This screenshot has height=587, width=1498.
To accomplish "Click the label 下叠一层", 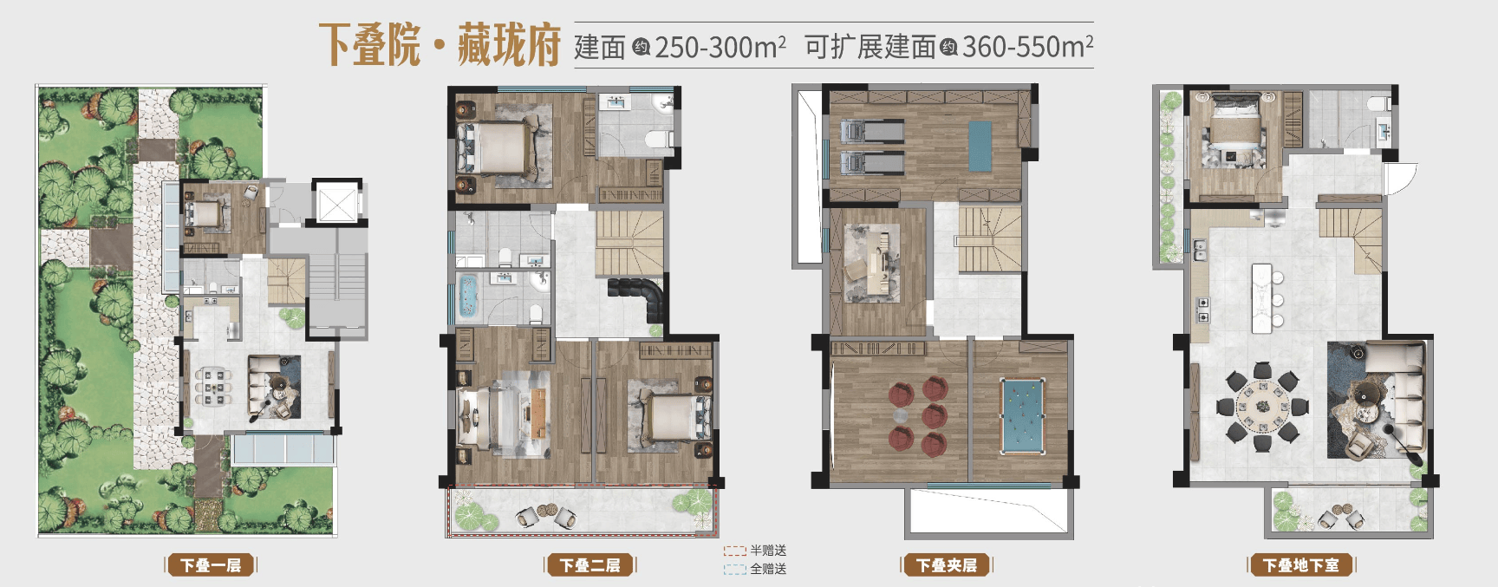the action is [x=211, y=566].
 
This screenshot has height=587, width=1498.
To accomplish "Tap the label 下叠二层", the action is [x=590, y=566].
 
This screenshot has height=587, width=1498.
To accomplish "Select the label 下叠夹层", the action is [x=947, y=566].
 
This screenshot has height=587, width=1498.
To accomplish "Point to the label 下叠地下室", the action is [x=1301, y=566].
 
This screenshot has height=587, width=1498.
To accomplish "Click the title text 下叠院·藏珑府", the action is [x=440, y=45].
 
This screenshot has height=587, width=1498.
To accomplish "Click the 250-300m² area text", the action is [x=720, y=46].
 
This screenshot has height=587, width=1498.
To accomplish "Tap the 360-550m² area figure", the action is [x=1027, y=46].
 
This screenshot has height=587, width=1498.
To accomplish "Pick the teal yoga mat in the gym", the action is [x=979, y=147].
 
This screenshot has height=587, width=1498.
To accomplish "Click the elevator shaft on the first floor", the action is [x=335, y=205].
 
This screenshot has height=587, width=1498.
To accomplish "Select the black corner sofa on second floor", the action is [x=640, y=297].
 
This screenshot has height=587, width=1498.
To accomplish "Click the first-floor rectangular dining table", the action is [x=213, y=387].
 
